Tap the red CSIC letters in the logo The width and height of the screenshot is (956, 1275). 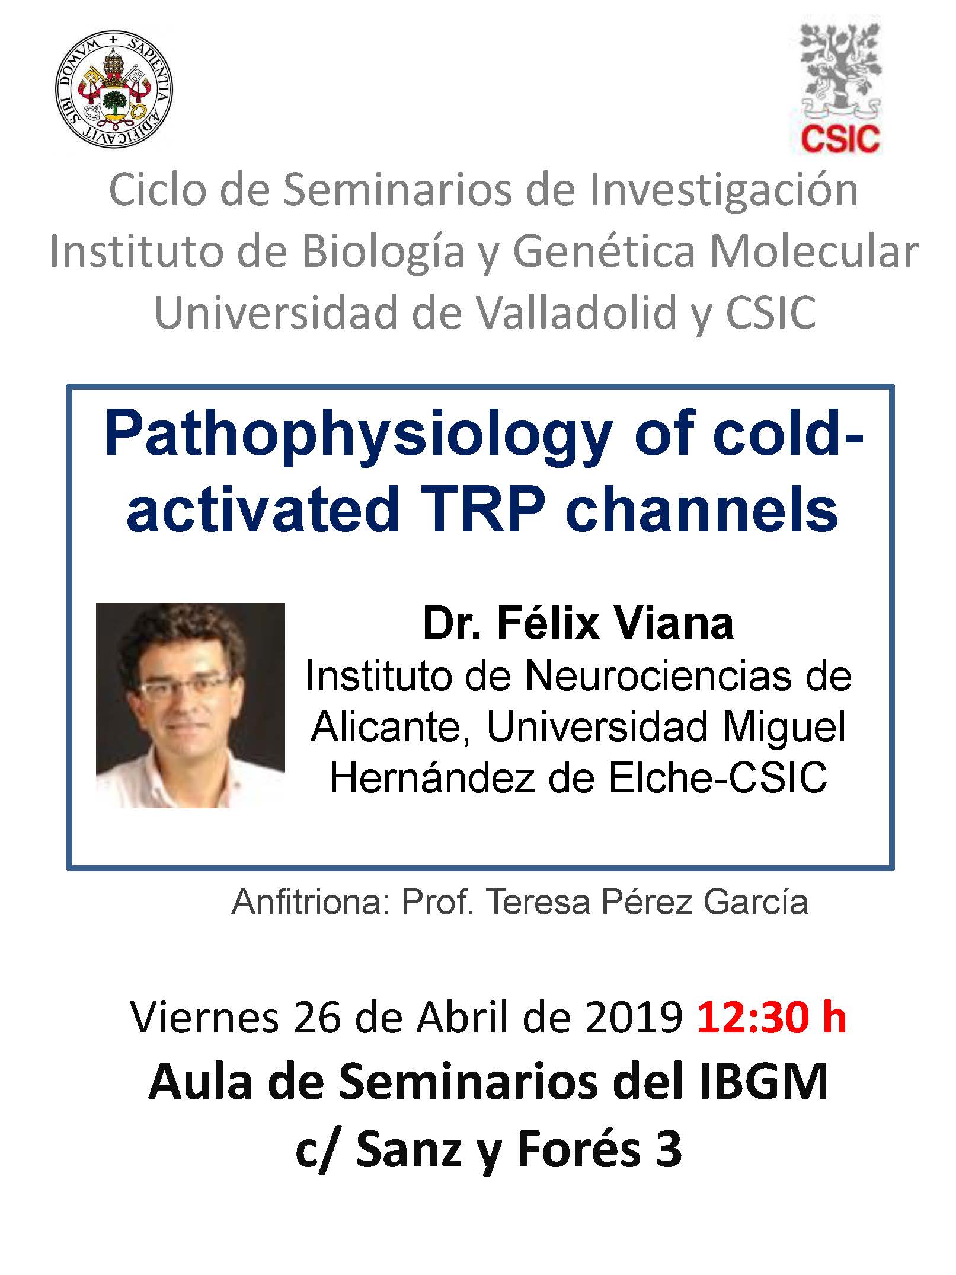point(840,139)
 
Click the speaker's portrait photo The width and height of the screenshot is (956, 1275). point(190,705)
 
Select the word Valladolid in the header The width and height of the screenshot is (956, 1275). point(577,313)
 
